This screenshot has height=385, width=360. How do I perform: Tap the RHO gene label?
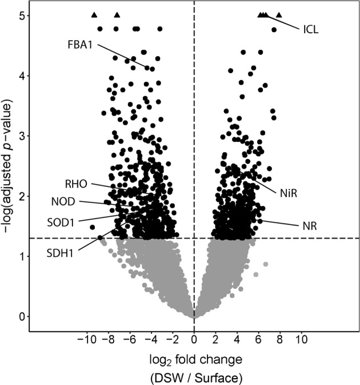click(76, 183)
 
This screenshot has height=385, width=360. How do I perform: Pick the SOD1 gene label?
click(63, 221)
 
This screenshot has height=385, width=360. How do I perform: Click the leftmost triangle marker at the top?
click(94, 15)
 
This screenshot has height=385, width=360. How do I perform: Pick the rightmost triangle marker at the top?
click(279, 15)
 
